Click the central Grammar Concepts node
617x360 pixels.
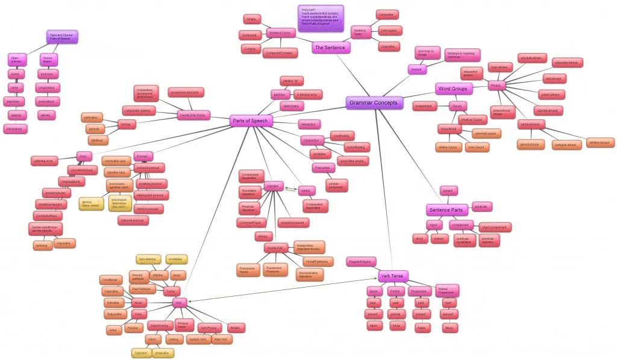[x=374, y=103]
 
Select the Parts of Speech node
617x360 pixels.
[x=251, y=121]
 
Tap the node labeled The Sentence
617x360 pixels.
[x=330, y=47]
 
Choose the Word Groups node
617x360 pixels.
[x=453, y=89]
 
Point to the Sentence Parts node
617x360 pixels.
[x=446, y=210]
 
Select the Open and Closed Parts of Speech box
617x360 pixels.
[x=63, y=36]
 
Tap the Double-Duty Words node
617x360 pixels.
[x=194, y=115]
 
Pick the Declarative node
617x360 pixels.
[x=387, y=14]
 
